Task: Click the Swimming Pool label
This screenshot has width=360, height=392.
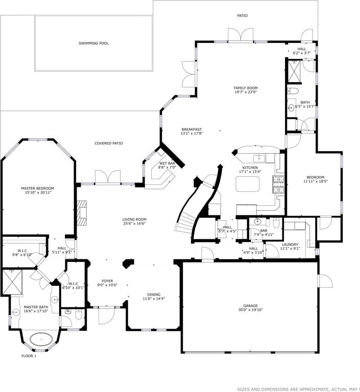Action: tap(93, 43)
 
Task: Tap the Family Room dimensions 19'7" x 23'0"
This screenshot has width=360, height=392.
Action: tap(246, 92)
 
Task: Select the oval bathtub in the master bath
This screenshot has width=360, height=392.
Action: tap(41, 339)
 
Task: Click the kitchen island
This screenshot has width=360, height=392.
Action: tap(248, 184)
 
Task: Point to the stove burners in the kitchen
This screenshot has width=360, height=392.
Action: tap(278, 184)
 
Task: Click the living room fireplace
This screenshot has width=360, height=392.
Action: tap(82, 213)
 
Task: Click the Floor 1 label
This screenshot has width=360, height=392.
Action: tap(29, 356)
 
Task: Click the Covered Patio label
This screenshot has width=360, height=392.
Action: tap(109, 143)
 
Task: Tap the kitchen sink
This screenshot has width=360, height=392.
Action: tap(259, 158)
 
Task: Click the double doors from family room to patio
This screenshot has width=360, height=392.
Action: tap(241, 35)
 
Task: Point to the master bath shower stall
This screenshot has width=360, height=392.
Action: tap(12, 282)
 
